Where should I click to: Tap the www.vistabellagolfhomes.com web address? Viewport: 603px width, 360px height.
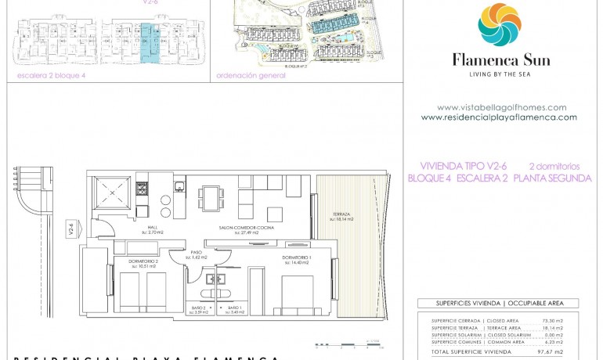pos(501,108)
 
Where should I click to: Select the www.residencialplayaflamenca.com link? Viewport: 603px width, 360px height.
pos(499,117)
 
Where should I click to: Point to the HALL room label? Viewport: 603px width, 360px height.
pos(152,229)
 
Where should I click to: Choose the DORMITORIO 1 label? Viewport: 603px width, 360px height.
pos(297,259)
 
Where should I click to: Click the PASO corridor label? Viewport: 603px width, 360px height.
pos(196,255)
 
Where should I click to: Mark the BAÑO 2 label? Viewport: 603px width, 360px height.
pos(199,311)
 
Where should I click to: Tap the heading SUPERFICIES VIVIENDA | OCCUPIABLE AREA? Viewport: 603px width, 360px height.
pos(496,303)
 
